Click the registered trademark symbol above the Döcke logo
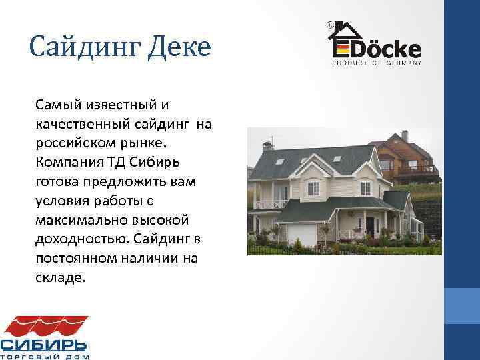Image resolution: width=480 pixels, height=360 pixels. (331, 24)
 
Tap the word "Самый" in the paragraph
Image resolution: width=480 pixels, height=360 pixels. (56, 105)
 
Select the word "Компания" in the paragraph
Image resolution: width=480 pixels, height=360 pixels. (66, 162)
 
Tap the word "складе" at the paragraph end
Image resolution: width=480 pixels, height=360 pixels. (60, 276)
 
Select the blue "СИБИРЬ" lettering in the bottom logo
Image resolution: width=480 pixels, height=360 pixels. (44, 345)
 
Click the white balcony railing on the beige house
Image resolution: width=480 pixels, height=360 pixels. (270, 204)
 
